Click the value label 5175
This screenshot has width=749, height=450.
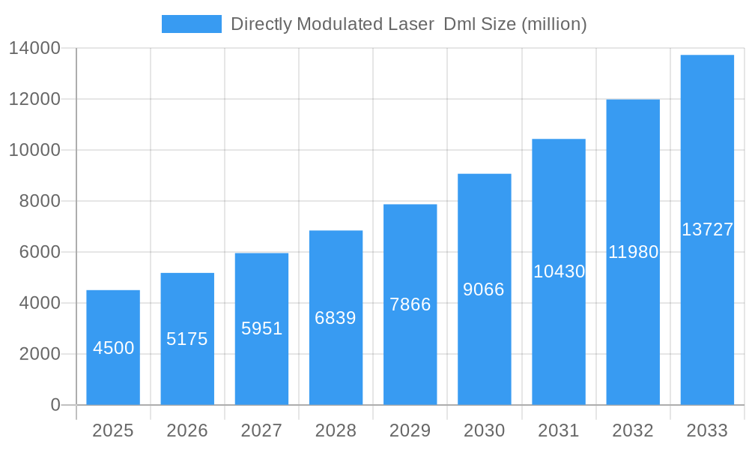point(187,339)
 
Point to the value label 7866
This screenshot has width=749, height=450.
point(410,304)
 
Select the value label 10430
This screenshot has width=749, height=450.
point(559,271)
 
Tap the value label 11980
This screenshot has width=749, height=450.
point(633,252)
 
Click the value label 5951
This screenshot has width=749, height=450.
point(261,328)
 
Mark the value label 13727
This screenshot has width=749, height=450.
point(707,229)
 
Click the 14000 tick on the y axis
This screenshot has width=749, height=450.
point(34,49)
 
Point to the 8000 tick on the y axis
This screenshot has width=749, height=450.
point(40,201)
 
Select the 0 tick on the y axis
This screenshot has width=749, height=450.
point(55,405)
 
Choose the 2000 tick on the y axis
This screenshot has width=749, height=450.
point(40,354)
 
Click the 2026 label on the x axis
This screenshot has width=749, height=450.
point(187,430)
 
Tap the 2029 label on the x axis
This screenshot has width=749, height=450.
point(410,430)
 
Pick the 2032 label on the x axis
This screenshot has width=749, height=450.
point(633,430)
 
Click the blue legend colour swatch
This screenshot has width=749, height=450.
point(192,24)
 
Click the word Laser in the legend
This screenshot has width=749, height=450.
point(410,24)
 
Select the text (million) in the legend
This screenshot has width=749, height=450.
point(554,24)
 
